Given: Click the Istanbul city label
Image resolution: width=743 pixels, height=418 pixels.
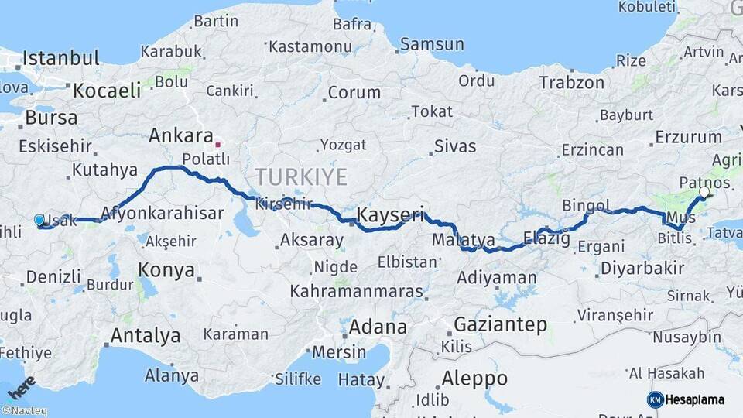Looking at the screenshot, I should point(61,58).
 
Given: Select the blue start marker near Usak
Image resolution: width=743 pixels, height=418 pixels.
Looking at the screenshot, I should point(39,220).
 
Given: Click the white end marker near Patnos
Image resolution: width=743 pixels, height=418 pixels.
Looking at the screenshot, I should point(704,191).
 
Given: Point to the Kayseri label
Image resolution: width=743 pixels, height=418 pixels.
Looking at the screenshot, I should point(391,214).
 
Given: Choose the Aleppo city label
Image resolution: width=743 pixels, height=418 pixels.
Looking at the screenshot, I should point(474,379).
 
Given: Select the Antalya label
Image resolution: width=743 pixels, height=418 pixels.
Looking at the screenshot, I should point(146,336).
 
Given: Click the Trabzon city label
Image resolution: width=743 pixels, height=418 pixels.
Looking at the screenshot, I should point(572,82).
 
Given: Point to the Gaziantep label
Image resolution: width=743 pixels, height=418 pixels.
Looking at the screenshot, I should point(500,324).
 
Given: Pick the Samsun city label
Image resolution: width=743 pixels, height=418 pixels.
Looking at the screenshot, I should point(432,44).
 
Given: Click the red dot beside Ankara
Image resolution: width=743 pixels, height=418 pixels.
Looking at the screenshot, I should point(218,143).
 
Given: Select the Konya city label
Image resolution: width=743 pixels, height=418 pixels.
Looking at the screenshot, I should point(166,269).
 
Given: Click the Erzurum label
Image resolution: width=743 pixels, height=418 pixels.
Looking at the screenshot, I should point(688,137).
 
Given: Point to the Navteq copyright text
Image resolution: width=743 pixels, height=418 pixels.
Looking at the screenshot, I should point(25,411).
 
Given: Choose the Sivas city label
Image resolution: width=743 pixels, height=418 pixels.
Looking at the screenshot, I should point(455,145).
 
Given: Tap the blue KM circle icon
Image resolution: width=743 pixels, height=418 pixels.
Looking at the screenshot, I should point(655,399).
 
